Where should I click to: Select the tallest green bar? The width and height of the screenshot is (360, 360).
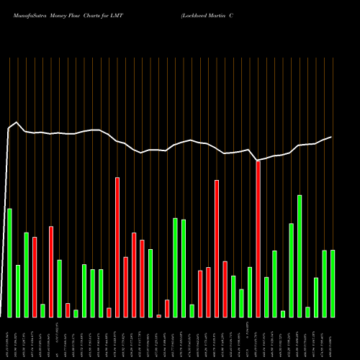point(300,256)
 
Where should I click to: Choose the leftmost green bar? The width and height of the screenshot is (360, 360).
point(9,263)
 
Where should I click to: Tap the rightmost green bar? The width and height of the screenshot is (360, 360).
point(333,284)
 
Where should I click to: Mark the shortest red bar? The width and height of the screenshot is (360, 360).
point(159,316)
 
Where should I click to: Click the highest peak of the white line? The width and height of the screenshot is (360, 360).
point(17,123)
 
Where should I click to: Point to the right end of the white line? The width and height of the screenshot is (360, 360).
point(332,137)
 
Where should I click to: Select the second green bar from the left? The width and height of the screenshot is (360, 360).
point(18,291)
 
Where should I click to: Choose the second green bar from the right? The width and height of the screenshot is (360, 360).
point(325,284)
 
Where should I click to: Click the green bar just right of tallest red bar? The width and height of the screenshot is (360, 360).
point(266,297)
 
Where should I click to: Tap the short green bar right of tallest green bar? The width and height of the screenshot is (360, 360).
point(307,312)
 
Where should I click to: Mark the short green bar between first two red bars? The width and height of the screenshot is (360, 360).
point(42,310)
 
